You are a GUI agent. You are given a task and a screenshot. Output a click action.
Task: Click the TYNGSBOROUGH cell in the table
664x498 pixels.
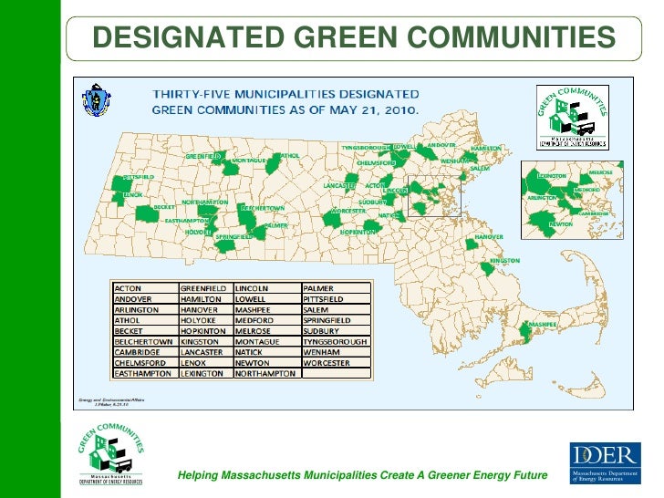pyautogui.click(x=335, y=341)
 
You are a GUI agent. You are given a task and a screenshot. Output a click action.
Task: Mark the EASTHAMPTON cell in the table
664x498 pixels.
pyautogui.click(x=142, y=374)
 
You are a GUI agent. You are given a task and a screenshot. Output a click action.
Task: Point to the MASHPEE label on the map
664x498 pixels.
pyautogui.click(x=543, y=325)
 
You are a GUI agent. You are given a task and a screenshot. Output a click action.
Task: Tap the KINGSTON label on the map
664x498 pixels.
pyautogui.click(x=504, y=260)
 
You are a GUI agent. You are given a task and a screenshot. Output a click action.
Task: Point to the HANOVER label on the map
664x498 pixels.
pyautogui.click(x=489, y=236)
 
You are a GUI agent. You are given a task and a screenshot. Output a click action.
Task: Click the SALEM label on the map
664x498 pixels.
pyautogui.click(x=480, y=169)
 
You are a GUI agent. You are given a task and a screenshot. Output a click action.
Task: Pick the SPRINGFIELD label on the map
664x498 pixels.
pyautogui.click(x=234, y=235)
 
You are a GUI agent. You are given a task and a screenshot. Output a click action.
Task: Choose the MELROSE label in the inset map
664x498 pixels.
pyautogui.click(x=600, y=171)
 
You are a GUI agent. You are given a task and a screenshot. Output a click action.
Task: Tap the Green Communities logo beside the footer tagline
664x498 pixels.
pyautogui.click(x=112, y=458)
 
